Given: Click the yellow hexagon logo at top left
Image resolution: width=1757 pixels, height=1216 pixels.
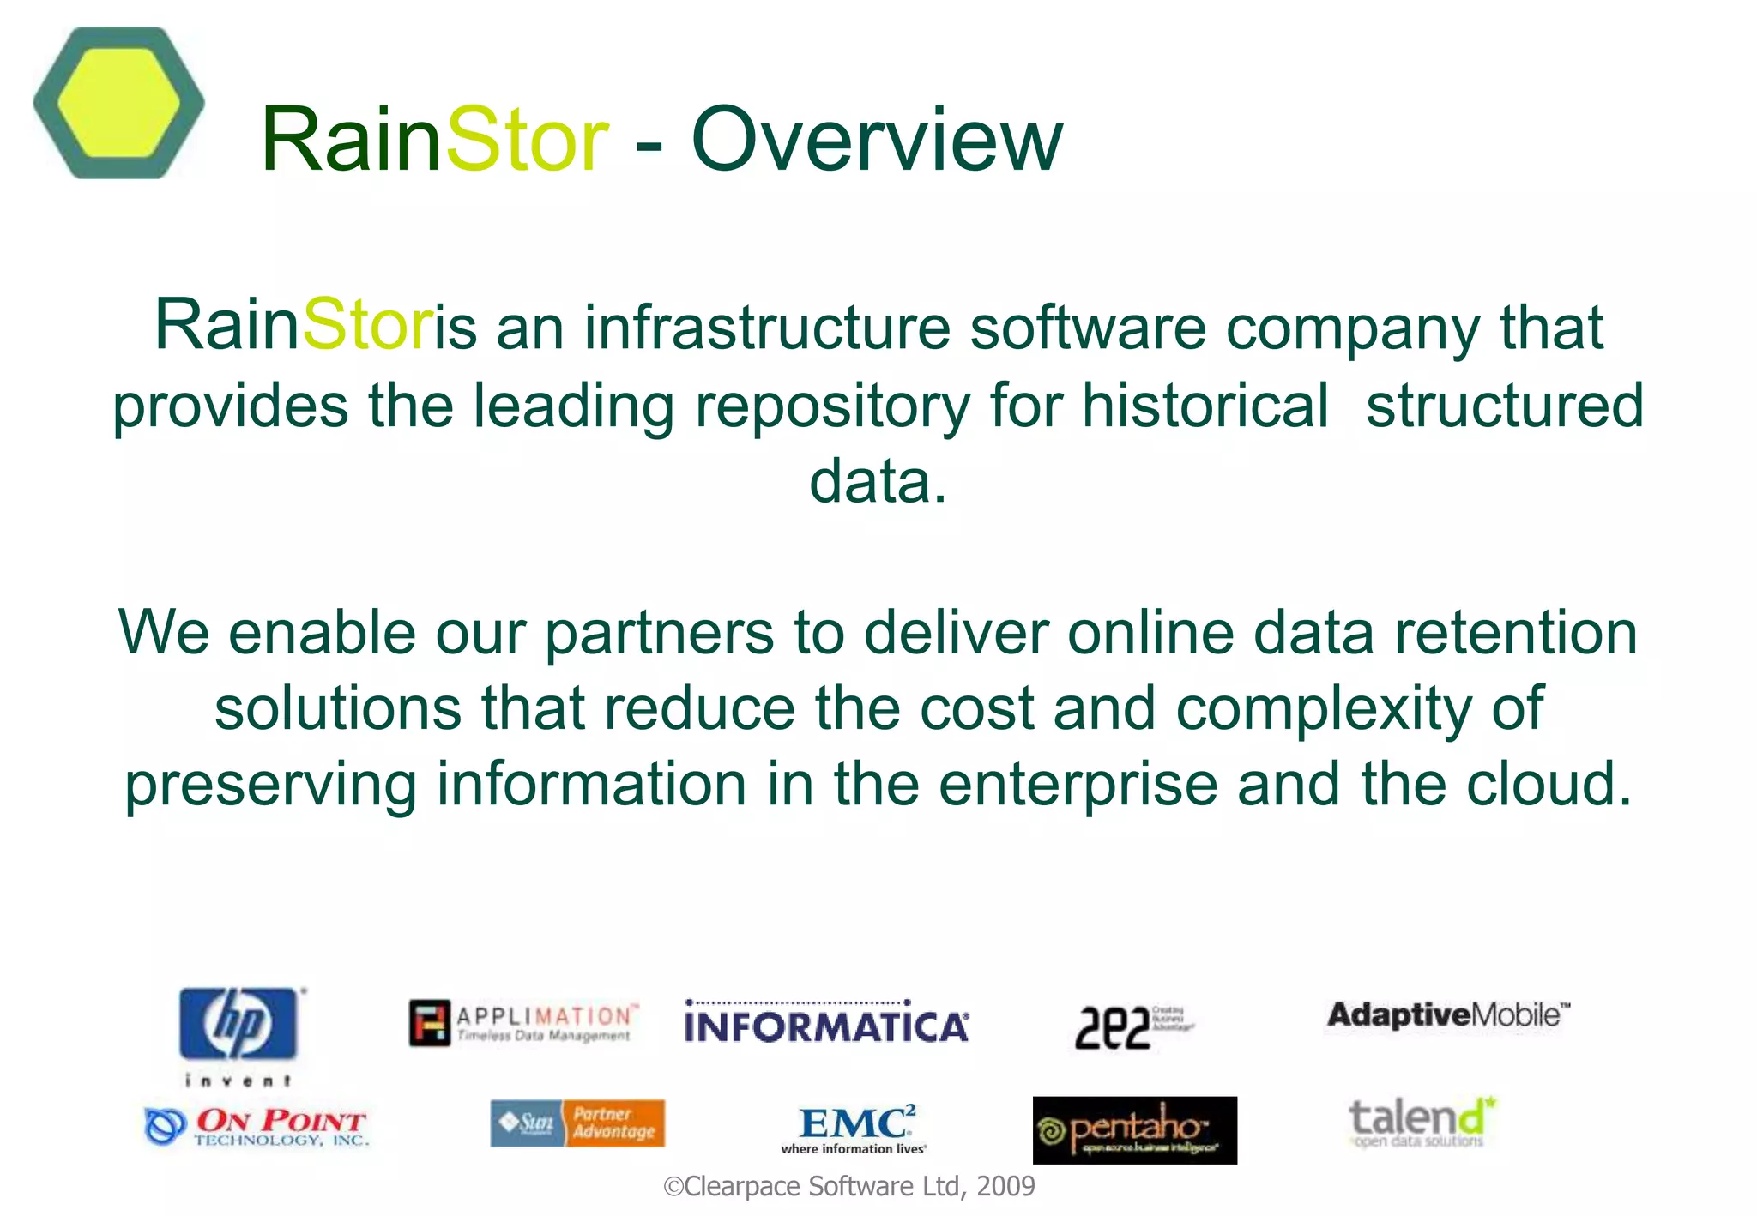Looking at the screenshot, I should click(x=118, y=103).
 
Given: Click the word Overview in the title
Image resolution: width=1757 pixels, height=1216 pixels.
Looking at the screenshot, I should click(x=876, y=140).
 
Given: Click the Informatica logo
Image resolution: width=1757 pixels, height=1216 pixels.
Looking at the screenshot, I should click(x=827, y=1023).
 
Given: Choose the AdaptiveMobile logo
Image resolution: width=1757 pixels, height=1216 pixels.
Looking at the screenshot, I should click(x=1448, y=1015).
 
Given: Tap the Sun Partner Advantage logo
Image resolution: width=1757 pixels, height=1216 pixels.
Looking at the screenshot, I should click(x=577, y=1123).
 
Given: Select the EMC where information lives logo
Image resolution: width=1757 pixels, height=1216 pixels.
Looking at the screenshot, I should click(x=855, y=1129).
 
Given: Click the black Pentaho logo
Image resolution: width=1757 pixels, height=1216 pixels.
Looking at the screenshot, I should click(x=1134, y=1130).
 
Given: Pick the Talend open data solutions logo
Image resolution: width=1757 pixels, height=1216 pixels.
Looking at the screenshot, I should click(x=1421, y=1122).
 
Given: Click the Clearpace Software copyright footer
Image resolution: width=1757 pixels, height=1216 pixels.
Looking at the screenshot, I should click(x=849, y=1187).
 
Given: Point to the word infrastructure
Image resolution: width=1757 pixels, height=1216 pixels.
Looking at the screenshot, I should click(x=767, y=328).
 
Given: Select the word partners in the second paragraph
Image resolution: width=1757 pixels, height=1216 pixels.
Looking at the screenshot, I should click(x=659, y=633).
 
